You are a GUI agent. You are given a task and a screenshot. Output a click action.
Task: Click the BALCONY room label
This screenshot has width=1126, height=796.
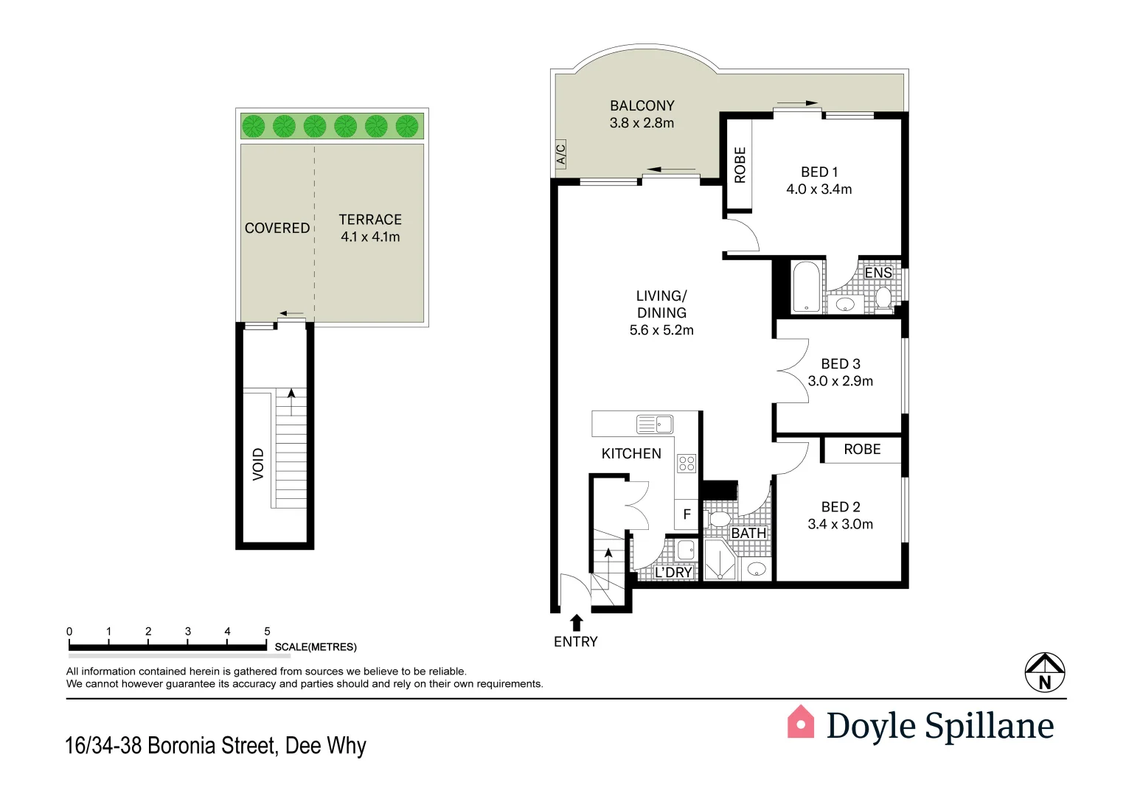click(642, 106)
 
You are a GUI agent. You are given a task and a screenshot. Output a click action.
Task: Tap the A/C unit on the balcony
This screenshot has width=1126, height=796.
click(560, 154)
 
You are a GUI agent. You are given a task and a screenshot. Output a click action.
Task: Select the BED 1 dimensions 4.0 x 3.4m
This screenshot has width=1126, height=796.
click(819, 189)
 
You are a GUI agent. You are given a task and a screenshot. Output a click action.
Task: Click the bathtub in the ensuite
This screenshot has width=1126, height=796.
click(806, 287)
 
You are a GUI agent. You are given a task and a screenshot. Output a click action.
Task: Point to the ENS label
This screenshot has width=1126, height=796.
click(877, 273)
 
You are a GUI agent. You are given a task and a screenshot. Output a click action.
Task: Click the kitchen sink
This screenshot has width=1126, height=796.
click(654, 424)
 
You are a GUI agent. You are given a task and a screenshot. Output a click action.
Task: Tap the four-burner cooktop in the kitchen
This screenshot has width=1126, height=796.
click(687, 463)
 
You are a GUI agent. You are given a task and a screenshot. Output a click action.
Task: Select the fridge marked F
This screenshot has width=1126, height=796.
click(687, 514)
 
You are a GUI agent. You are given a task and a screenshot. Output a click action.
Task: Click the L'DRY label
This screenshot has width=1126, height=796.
click(673, 572)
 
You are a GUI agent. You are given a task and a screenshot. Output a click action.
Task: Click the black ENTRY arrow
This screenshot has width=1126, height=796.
click(577, 623)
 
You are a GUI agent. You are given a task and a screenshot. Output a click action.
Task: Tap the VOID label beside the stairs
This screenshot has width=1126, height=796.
click(258, 464)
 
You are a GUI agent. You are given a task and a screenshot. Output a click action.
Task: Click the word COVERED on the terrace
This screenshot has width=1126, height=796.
click(277, 228)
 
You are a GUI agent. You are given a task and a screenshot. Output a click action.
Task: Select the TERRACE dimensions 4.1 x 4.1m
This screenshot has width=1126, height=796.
click(370, 237)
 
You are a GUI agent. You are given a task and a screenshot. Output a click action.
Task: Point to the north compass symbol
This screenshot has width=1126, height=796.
click(1045, 672)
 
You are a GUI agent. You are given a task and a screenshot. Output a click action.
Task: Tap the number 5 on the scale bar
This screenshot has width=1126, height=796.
click(267, 632)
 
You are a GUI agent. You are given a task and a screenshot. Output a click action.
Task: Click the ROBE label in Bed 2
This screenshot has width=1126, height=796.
click(862, 450)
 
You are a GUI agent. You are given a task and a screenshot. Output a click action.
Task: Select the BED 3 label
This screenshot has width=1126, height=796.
click(841, 364)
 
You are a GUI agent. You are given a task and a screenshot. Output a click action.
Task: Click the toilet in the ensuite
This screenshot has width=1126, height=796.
click(883, 298)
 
